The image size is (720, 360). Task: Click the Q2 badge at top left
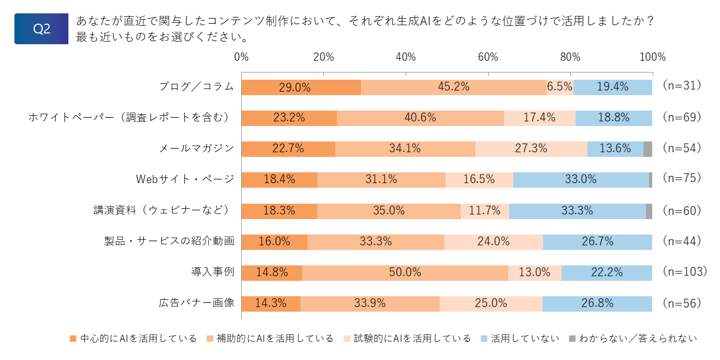tap(41, 29)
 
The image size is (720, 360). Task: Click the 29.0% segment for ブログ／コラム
tap(301, 87)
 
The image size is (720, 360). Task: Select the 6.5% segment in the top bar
tap(560, 87)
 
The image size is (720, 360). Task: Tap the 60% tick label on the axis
tap(488, 57)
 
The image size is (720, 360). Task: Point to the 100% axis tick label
tap(653, 57)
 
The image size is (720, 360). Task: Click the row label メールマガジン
tap(196, 149)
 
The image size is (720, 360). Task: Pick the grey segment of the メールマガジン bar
tap(647, 149)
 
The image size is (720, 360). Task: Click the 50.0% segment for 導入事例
tap(405, 273)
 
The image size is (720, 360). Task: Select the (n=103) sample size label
tap(685, 272)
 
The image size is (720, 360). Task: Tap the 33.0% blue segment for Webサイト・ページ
tap(581, 180)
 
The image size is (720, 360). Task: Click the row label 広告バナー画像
tap(196, 303)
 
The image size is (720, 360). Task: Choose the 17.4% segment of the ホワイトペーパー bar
tap(539, 118)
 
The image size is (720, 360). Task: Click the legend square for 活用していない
tap(484, 338)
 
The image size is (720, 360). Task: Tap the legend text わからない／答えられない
tap(638, 338)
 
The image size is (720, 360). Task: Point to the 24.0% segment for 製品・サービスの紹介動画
tap(494, 242)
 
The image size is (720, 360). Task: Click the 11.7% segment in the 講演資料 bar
tap(484, 211)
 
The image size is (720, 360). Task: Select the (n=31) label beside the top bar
tap(682, 85)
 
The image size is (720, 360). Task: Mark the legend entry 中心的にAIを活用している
tap(133, 338)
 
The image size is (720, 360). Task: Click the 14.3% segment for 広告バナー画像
tap(271, 304)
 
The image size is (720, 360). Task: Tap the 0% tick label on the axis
tap(241, 57)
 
